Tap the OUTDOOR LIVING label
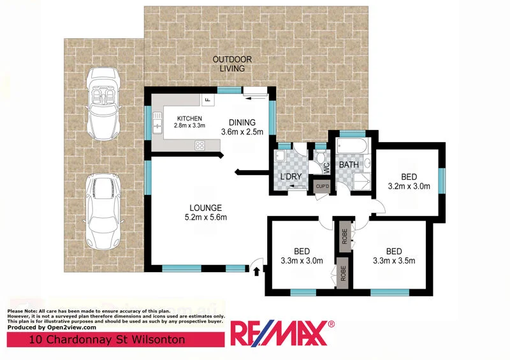click(x=231, y=64)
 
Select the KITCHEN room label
click(x=189, y=119)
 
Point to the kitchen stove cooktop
click(x=200, y=145)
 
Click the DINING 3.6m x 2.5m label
click(x=238, y=127)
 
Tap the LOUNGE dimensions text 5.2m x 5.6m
click(x=205, y=218)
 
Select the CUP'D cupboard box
click(x=322, y=186)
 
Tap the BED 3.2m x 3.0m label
click(x=409, y=182)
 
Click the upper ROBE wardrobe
click(x=344, y=233)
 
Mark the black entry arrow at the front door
click(x=256, y=271)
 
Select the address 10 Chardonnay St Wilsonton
click(x=107, y=340)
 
